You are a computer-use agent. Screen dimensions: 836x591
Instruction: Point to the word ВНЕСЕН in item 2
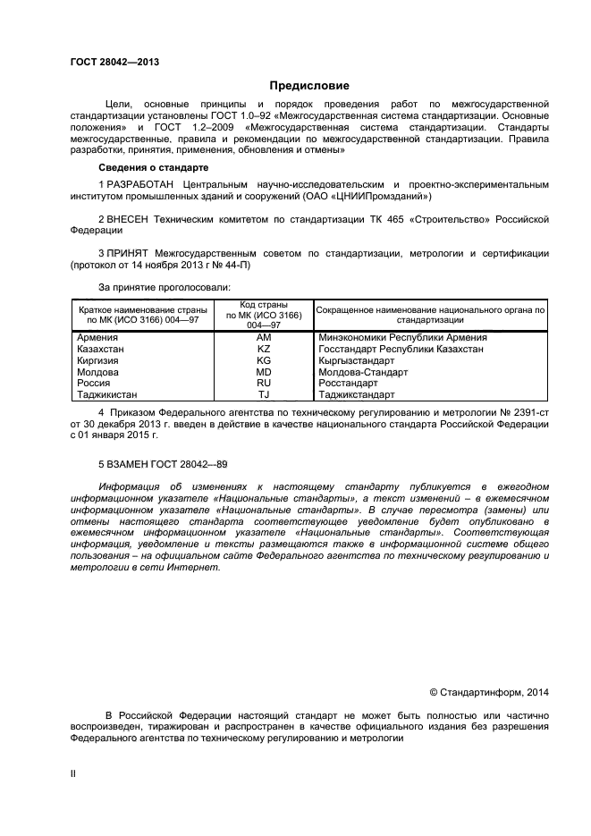[x=125, y=219]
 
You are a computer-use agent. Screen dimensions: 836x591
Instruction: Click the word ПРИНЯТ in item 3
[x=126, y=254]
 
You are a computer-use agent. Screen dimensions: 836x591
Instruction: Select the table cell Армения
[x=99, y=338]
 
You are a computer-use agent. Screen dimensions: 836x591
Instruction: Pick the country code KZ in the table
[x=264, y=349]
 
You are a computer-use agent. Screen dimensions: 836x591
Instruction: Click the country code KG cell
[x=264, y=360]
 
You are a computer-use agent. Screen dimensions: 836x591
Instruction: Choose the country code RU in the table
[x=264, y=383]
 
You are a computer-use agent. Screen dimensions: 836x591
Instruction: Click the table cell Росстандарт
[x=348, y=383]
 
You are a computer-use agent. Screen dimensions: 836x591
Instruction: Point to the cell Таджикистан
[x=109, y=393]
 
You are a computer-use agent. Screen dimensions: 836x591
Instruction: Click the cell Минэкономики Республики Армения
[x=402, y=338]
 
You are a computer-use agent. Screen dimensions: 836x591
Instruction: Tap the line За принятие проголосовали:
[x=164, y=287]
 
